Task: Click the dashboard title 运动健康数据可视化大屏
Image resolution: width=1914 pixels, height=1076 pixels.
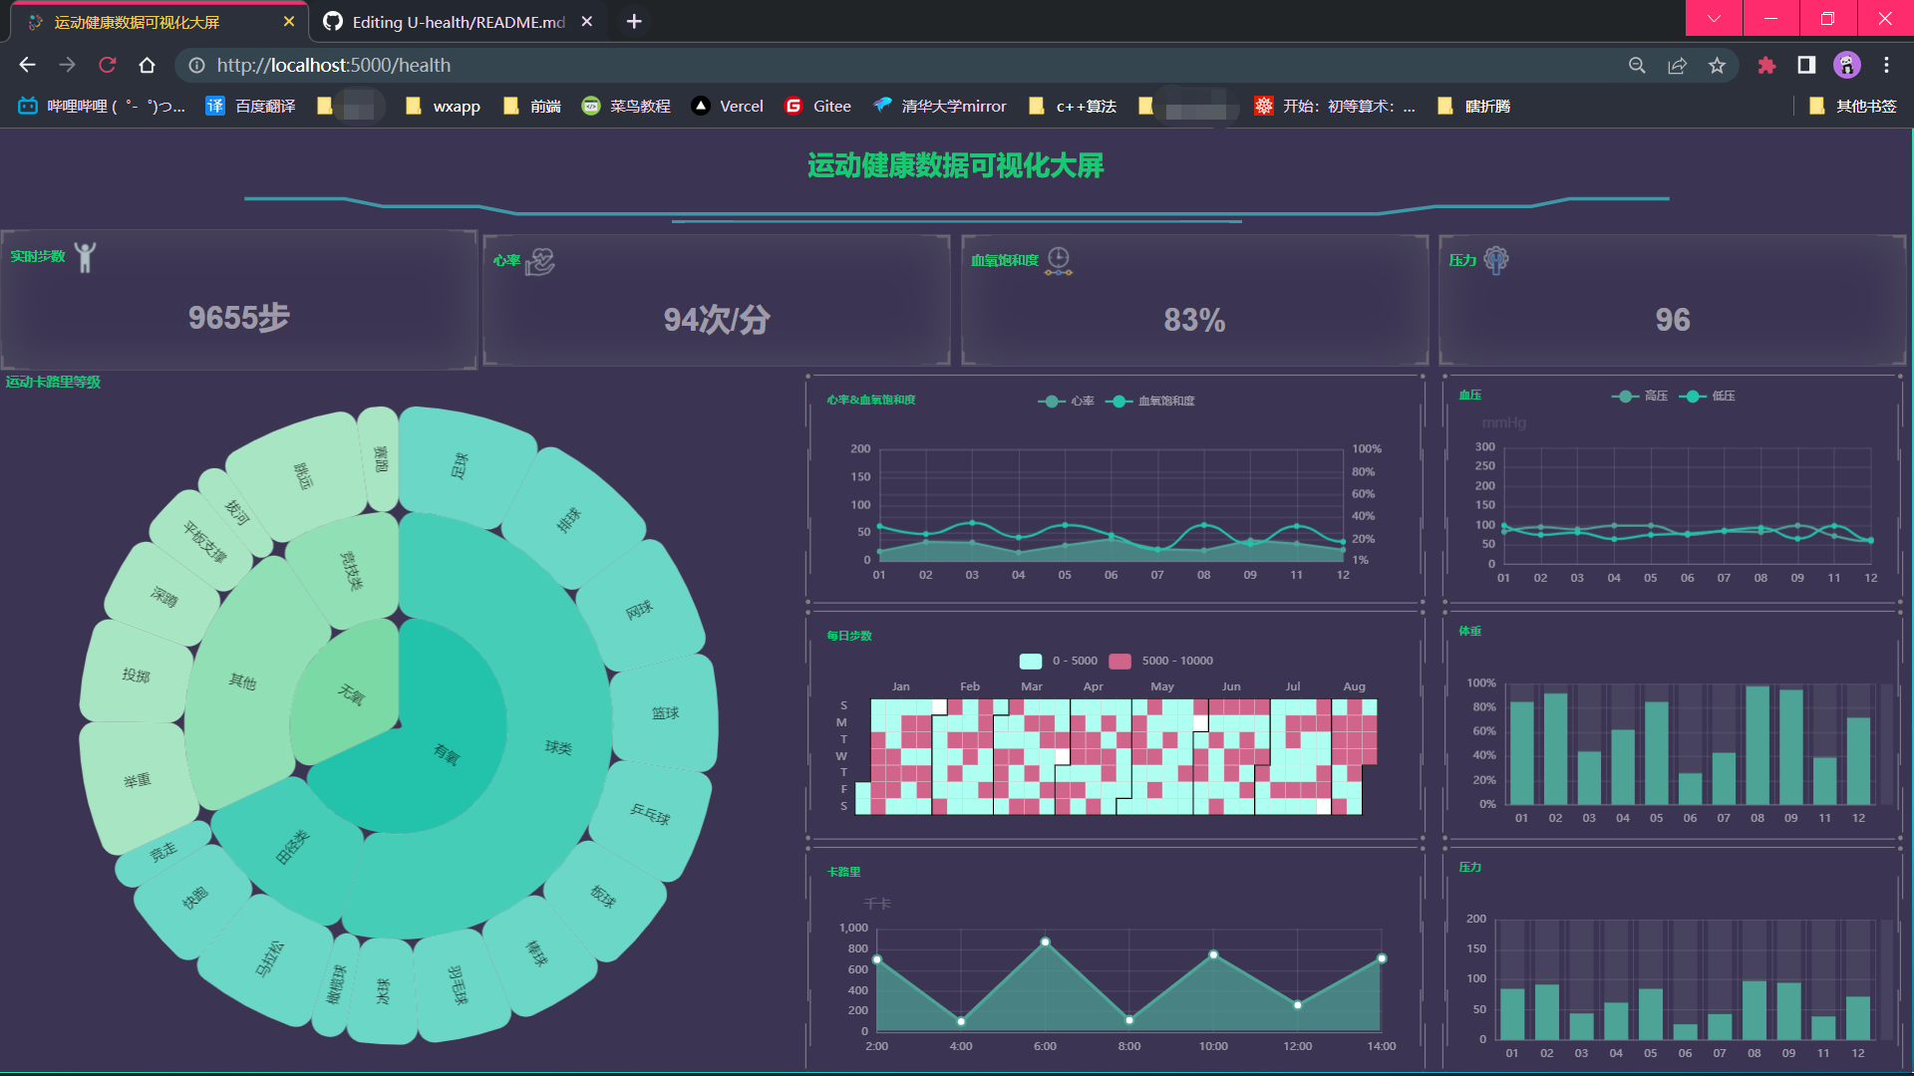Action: pos(955,165)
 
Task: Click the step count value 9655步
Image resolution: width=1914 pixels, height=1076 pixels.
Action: pos(238,318)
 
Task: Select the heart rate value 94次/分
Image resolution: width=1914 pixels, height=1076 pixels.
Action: pos(716,320)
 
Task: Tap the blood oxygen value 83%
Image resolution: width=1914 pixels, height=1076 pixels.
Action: pos(1194,320)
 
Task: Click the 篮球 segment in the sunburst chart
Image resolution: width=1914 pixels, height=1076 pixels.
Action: pos(665,713)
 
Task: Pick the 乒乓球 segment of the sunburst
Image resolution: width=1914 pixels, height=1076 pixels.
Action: pos(650,814)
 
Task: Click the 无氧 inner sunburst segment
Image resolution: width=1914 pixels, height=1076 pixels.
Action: pos(350,693)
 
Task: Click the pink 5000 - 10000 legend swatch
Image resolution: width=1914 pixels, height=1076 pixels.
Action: pos(1119,661)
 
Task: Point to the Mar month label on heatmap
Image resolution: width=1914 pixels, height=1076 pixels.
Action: pos(1032,686)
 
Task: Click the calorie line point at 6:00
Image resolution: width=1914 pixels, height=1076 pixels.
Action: pos(1045,941)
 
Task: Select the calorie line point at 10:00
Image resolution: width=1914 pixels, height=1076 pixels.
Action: pos(1213,954)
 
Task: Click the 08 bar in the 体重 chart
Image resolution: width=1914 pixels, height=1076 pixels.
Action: pos(1757,745)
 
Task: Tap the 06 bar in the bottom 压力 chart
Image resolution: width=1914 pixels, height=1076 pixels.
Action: pos(1685,1032)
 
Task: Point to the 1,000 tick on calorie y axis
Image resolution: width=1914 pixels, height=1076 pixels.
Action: pos(853,928)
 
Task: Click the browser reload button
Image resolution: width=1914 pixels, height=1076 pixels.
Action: pos(108,65)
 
